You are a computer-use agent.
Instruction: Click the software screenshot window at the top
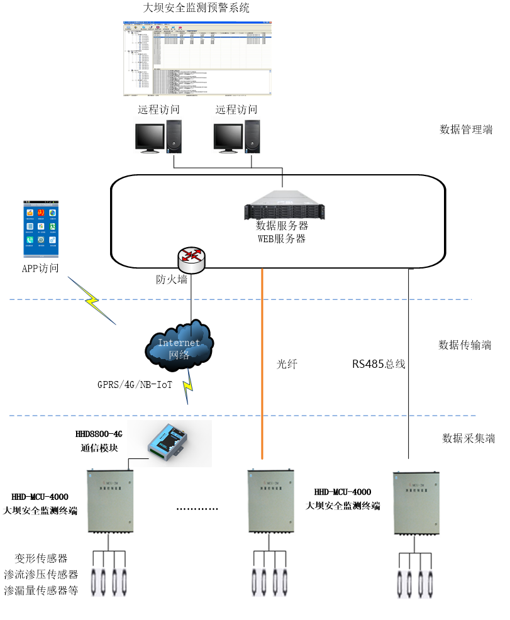(x=197, y=58)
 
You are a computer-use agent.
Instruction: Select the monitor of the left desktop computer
(x=150, y=136)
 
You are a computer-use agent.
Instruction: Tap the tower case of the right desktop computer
(x=252, y=136)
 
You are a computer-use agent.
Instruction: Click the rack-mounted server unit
(x=287, y=205)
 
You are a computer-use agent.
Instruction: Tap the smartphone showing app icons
(x=41, y=230)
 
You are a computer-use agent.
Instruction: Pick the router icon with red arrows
(x=191, y=260)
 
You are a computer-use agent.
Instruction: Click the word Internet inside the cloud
(x=179, y=343)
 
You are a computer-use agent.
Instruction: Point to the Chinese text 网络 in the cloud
(x=179, y=355)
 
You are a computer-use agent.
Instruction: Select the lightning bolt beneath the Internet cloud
(x=187, y=385)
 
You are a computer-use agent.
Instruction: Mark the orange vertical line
(x=262, y=365)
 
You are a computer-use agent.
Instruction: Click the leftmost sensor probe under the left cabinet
(x=94, y=582)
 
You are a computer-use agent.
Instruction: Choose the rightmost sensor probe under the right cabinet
(x=431, y=584)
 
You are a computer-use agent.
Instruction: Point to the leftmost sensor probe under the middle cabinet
(x=255, y=582)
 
